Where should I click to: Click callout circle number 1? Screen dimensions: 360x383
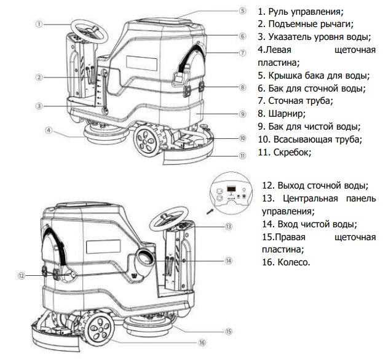point(39,25)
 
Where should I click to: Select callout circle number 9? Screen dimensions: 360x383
point(243,114)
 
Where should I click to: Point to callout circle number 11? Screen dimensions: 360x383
point(243,155)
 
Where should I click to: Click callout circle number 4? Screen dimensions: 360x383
point(47,130)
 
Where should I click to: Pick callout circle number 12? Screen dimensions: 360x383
point(22,276)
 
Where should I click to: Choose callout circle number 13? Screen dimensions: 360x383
point(229,226)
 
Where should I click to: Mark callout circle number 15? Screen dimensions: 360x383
point(228,331)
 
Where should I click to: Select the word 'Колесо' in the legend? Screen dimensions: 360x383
point(286,262)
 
